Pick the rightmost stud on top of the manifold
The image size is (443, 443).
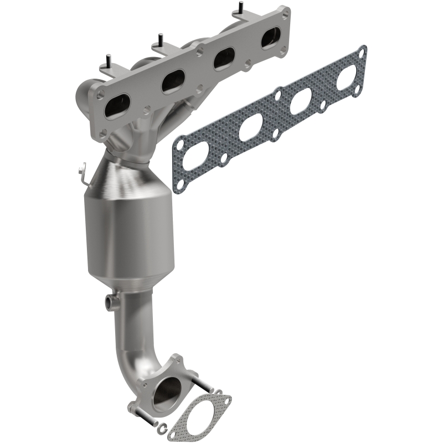240,8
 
